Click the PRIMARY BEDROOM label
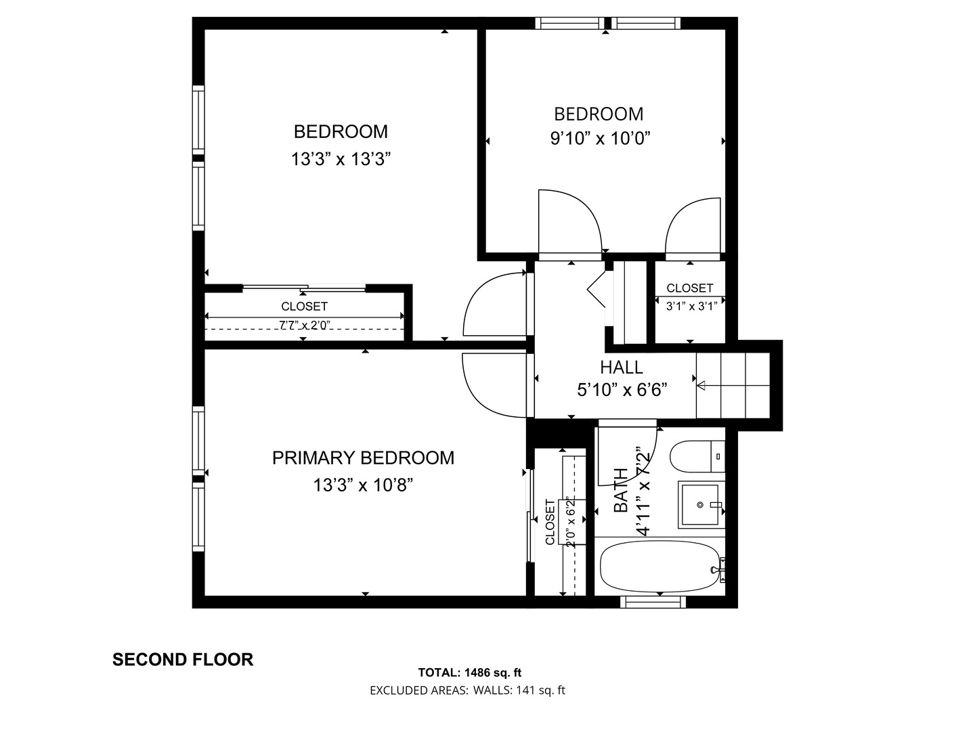pos(363,458)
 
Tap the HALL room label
pos(622,367)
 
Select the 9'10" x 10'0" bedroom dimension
pos(600,139)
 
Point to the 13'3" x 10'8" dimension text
pos(363,485)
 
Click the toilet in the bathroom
pos(697,456)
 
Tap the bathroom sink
pos(701,505)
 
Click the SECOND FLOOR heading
pos(183,659)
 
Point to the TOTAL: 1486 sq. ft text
pos(469,672)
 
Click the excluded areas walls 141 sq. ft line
pos(467,690)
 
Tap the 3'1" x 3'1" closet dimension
pos(691,306)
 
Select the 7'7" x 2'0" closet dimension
pos(304,326)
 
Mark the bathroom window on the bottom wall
pos(653,602)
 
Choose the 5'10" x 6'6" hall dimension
pos(622,390)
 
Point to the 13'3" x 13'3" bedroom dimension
pos(341,159)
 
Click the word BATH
pos(620,490)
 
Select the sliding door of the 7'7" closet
pos(304,288)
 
